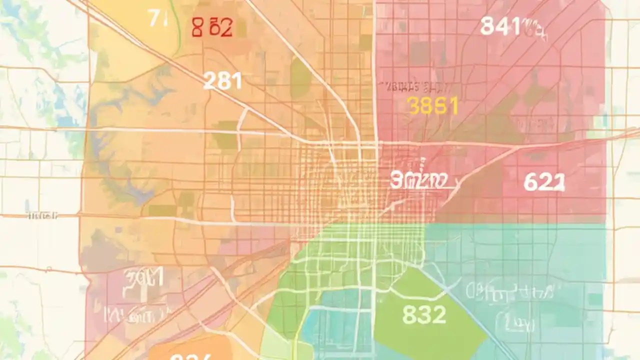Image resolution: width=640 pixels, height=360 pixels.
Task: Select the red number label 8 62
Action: [212, 28]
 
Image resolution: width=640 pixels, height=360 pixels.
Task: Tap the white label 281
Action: [222, 80]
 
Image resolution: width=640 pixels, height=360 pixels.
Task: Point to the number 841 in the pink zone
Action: [502, 26]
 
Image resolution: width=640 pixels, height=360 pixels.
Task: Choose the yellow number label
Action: [433, 106]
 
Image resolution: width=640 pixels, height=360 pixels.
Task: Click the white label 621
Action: [544, 182]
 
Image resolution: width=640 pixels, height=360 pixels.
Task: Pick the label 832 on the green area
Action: [424, 314]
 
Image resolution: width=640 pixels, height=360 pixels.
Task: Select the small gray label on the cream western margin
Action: [42, 215]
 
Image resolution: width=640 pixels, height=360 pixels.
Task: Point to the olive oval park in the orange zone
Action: [300, 77]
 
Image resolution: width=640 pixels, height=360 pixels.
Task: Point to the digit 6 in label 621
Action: [531, 182]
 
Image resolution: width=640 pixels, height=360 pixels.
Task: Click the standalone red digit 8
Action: [197, 28]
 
